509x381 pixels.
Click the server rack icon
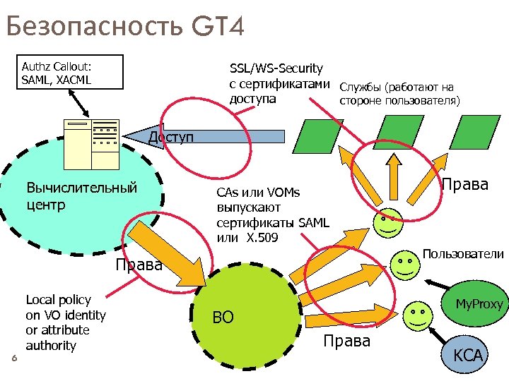pos(91,144)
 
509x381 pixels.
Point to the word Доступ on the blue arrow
pos(170,136)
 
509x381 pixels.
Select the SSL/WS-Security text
pos(276,68)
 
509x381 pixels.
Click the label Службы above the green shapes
pos(361,88)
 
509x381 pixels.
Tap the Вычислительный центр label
pos(81,197)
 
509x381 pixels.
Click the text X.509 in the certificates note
pos(262,238)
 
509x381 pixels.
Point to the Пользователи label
pos(463,253)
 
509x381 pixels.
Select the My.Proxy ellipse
pos(478,304)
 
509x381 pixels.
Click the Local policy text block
pos(65,322)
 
